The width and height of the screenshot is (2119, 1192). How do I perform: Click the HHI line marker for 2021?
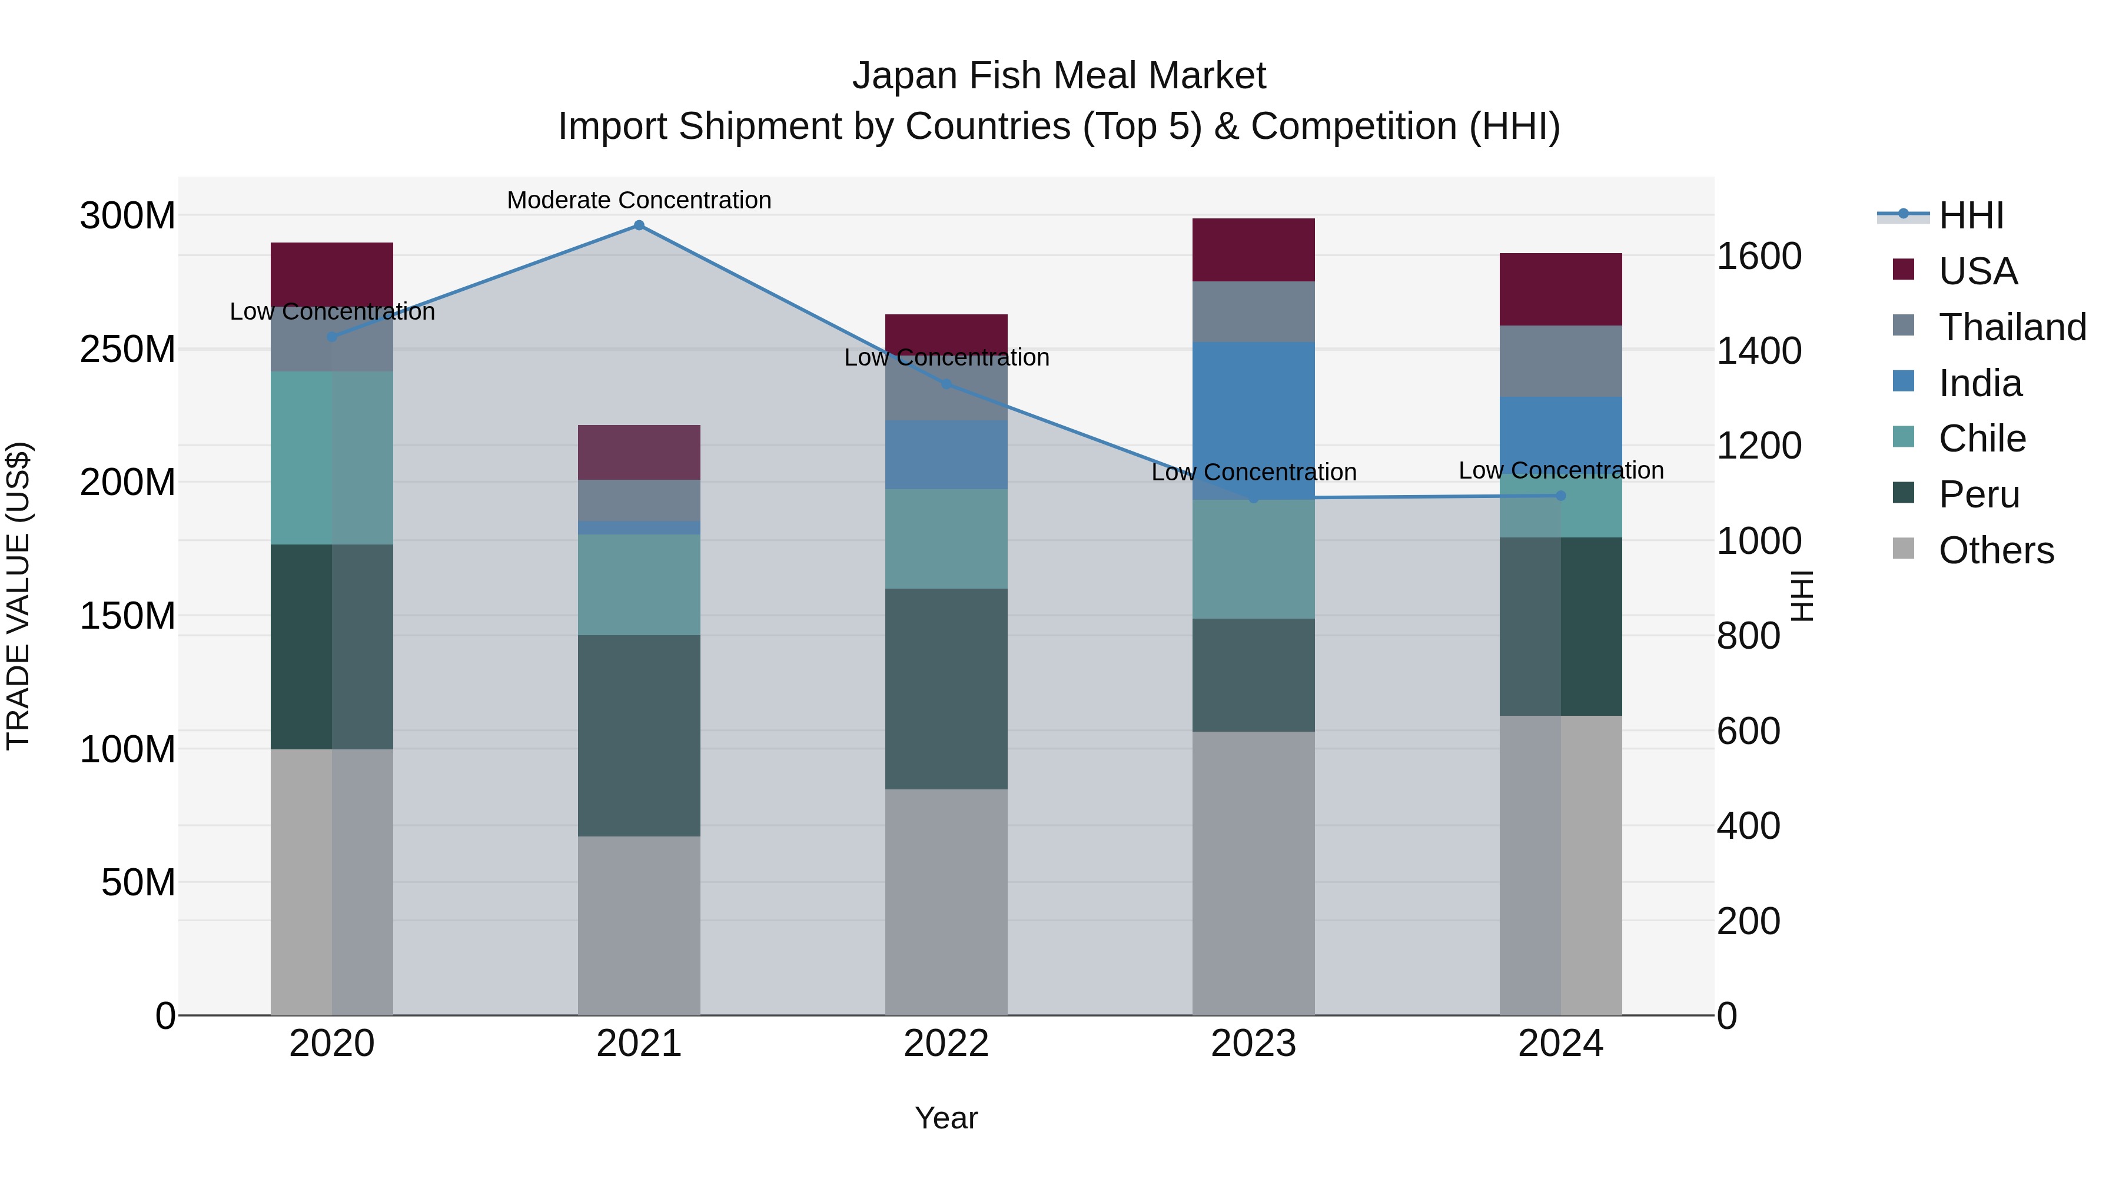click(639, 225)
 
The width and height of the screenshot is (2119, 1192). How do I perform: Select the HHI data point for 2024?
click(1560, 495)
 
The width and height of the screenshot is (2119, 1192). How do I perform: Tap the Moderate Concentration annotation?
click(639, 200)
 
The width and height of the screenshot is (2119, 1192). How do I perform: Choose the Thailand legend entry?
click(2011, 327)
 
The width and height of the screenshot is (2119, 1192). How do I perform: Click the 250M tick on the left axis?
click(128, 350)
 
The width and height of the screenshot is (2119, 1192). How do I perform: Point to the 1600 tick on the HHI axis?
click(1759, 256)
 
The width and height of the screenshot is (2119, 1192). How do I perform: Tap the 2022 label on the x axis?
click(946, 1044)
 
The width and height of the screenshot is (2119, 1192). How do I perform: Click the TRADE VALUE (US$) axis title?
click(18, 596)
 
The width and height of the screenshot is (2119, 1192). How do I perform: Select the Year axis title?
click(946, 1118)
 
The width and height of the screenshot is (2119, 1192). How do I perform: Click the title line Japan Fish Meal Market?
click(1059, 76)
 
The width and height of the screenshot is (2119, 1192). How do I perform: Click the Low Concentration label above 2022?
click(946, 358)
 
